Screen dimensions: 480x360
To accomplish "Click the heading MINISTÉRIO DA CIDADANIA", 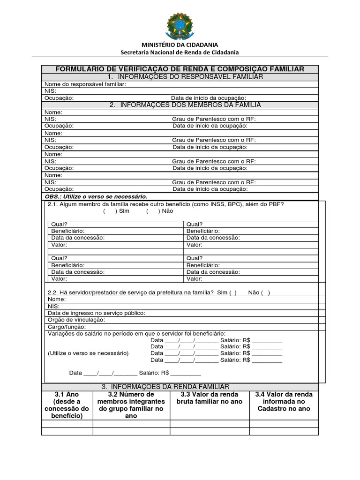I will [x=180, y=45].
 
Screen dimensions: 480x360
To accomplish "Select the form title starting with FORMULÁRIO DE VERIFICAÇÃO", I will [x=180, y=69].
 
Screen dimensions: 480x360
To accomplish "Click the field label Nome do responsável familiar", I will [x=85, y=84].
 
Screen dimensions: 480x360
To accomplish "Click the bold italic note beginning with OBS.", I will [x=96, y=196].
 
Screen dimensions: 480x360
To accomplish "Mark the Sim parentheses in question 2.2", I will [x=233, y=292].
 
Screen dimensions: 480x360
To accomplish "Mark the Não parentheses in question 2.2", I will [x=265, y=292].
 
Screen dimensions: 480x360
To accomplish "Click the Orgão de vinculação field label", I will [x=76, y=320].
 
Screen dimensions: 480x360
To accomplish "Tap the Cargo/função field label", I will [x=67, y=326].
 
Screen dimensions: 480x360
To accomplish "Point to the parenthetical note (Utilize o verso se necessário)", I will [x=88, y=353].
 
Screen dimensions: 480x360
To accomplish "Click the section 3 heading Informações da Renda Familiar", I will [x=165, y=386].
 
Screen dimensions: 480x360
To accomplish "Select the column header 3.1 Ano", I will [x=67, y=394].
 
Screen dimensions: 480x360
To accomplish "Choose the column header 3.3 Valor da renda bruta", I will [x=209, y=398].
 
